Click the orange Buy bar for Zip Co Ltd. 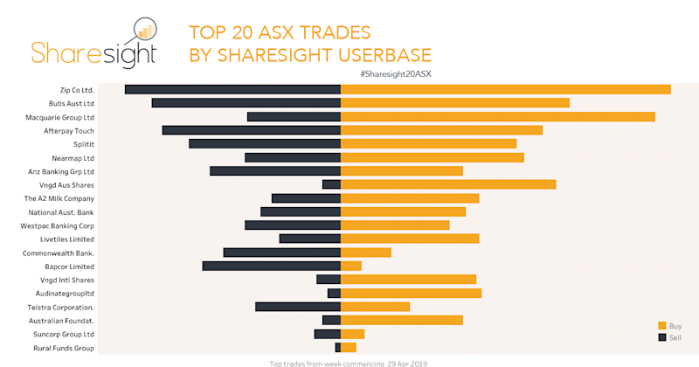click(x=505, y=89)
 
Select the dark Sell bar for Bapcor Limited click(x=271, y=266)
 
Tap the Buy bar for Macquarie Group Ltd click(x=497, y=116)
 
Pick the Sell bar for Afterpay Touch click(x=251, y=130)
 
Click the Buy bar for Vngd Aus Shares click(x=448, y=184)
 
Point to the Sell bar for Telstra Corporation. click(x=297, y=307)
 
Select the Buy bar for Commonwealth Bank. click(x=365, y=253)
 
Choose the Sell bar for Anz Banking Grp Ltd click(x=274, y=171)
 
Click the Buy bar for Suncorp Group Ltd click(x=352, y=334)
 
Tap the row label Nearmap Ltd click(x=74, y=158)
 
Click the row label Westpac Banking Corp click(x=58, y=225)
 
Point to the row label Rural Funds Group click(x=62, y=348)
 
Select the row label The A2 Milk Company click(x=59, y=198)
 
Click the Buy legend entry click(x=669, y=325)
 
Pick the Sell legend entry click(x=669, y=336)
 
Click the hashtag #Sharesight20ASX click(x=395, y=73)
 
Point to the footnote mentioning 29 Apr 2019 click(x=349, y=363)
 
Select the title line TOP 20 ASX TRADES click(x=280, y=33)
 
